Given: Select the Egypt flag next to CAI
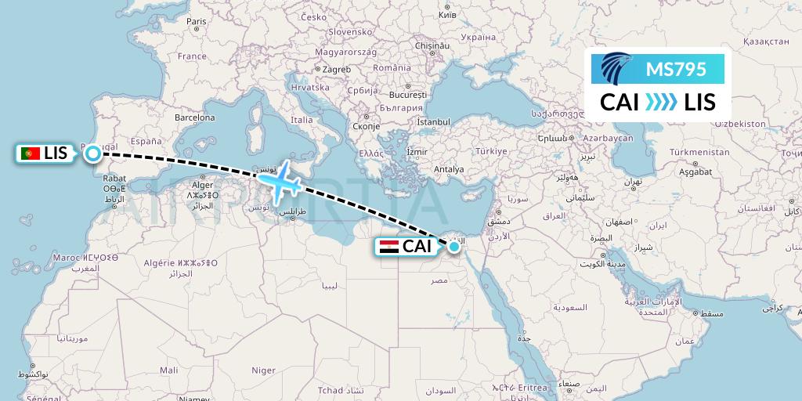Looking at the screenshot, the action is click(x=389, y=247).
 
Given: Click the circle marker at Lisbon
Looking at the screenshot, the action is click(x=92, y=154).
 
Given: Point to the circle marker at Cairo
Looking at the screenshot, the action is click(x=453, y=247).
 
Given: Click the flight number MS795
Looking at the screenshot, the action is click(x=676, y=69).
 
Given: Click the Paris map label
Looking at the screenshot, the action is click(x=197, y=22).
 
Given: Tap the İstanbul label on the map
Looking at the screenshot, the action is click(x=433, y=122).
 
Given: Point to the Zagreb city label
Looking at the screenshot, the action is click(x=335, y=70).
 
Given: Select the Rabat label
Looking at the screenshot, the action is click(x=114, y=178).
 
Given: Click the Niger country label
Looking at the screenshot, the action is click(x=263, y=370).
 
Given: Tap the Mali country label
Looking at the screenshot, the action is click(x=168, y=370).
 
